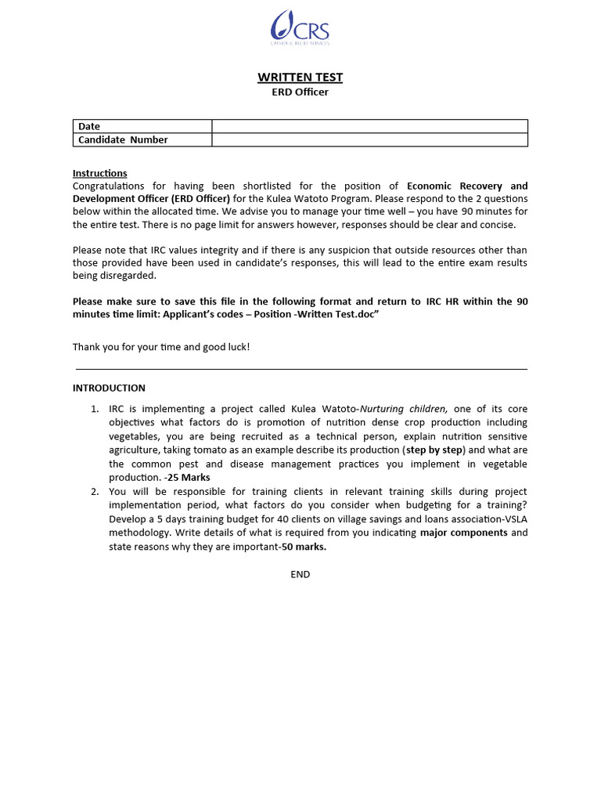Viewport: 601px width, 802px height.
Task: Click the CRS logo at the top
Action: (x=300, y=27)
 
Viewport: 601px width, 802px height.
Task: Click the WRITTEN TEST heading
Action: (x=300, y=77)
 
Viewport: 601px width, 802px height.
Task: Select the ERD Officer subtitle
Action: (x=300, y=92)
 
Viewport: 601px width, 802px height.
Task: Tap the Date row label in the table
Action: (x=89, y=126)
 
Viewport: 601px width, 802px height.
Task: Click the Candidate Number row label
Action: (x=123, y=139)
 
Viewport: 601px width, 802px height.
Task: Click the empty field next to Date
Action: (x=369, y=126)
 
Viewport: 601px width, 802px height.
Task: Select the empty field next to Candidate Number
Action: (x=369, y=139)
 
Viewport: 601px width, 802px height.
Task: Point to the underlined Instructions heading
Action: (x=99, y=173)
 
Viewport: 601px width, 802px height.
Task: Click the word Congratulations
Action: (x=109, y=186)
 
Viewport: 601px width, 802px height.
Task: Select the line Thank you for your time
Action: (x=161, y=346)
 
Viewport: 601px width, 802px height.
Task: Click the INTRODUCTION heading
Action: (x=109, y=388)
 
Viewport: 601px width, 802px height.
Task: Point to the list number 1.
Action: (x=94, y=409)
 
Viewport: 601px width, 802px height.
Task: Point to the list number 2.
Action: (x=94, y=491)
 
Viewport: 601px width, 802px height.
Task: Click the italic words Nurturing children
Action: (x=404, y=409)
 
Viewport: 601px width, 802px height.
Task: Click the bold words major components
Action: (x=464, y=533)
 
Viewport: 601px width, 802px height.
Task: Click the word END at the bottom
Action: (x=300, y=574)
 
